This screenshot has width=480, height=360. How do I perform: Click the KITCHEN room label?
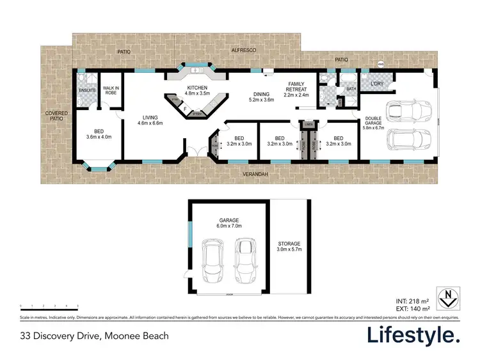[193, 88]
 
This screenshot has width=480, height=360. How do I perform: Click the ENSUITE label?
[86, 91]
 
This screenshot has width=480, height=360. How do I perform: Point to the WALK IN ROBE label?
[111, 90]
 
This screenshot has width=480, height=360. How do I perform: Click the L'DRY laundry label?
[376, 83]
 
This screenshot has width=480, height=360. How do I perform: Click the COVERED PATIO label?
[56, 116]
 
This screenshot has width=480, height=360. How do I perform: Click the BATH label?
[351, 89]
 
